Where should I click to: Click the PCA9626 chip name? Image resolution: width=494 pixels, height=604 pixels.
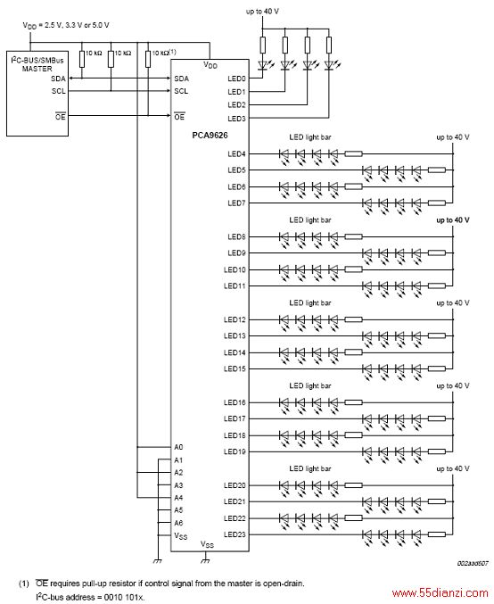pyautogui.click(x=210, y=136)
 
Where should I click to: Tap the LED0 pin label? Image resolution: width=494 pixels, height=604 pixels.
pyautogui.click(x=236, y=79)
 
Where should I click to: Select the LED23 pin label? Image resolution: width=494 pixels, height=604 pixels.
pyautogui.click(x=235, y=534)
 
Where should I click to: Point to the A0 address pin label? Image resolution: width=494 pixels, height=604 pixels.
pyautogui.click(x=178, y=447)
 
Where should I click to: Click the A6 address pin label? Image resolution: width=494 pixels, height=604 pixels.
pyautogui.click(x=178, y=523)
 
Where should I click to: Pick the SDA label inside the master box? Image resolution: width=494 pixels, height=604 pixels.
pyautogui.click(x=59, y=79)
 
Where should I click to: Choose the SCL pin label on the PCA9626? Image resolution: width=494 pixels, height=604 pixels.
pyautogui.click(x=181, y=91)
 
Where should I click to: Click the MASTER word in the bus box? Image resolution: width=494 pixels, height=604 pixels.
pyautogui.click(x=37, y=69)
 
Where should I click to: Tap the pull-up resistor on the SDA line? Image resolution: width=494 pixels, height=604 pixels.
pyautogui.click(x=82, y=59)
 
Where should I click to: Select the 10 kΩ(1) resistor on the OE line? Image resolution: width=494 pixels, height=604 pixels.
pyautogui.click(x=148, y=59)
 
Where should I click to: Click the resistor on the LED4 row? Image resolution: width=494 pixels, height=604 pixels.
pyautogui.click(x=353, y=154)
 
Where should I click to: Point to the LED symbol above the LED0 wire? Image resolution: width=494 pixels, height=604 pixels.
pyautogui.click(x=262, y=65)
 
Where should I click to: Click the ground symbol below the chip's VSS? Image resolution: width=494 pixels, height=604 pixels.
pyautogui.click(x=206, y=560)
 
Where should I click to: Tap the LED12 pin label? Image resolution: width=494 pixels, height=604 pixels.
pyautogui.click(x=235, y=319)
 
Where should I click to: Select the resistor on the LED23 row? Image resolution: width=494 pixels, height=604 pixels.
pyautogui.click(x=437, y=534)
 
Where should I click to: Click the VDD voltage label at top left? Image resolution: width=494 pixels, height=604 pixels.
pyautogui.click(x=66, y=26)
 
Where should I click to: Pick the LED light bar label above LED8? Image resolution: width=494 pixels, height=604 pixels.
pyautogui.click(x=310, y=220)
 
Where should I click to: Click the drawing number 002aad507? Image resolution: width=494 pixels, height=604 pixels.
pyautogui.click(x=473, y=563)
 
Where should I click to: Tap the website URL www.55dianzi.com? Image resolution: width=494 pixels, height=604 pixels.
pyautogui.click(x=440, y=592)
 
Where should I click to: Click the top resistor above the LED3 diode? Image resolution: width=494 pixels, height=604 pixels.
pyautogui.click(x=329, y=45)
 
